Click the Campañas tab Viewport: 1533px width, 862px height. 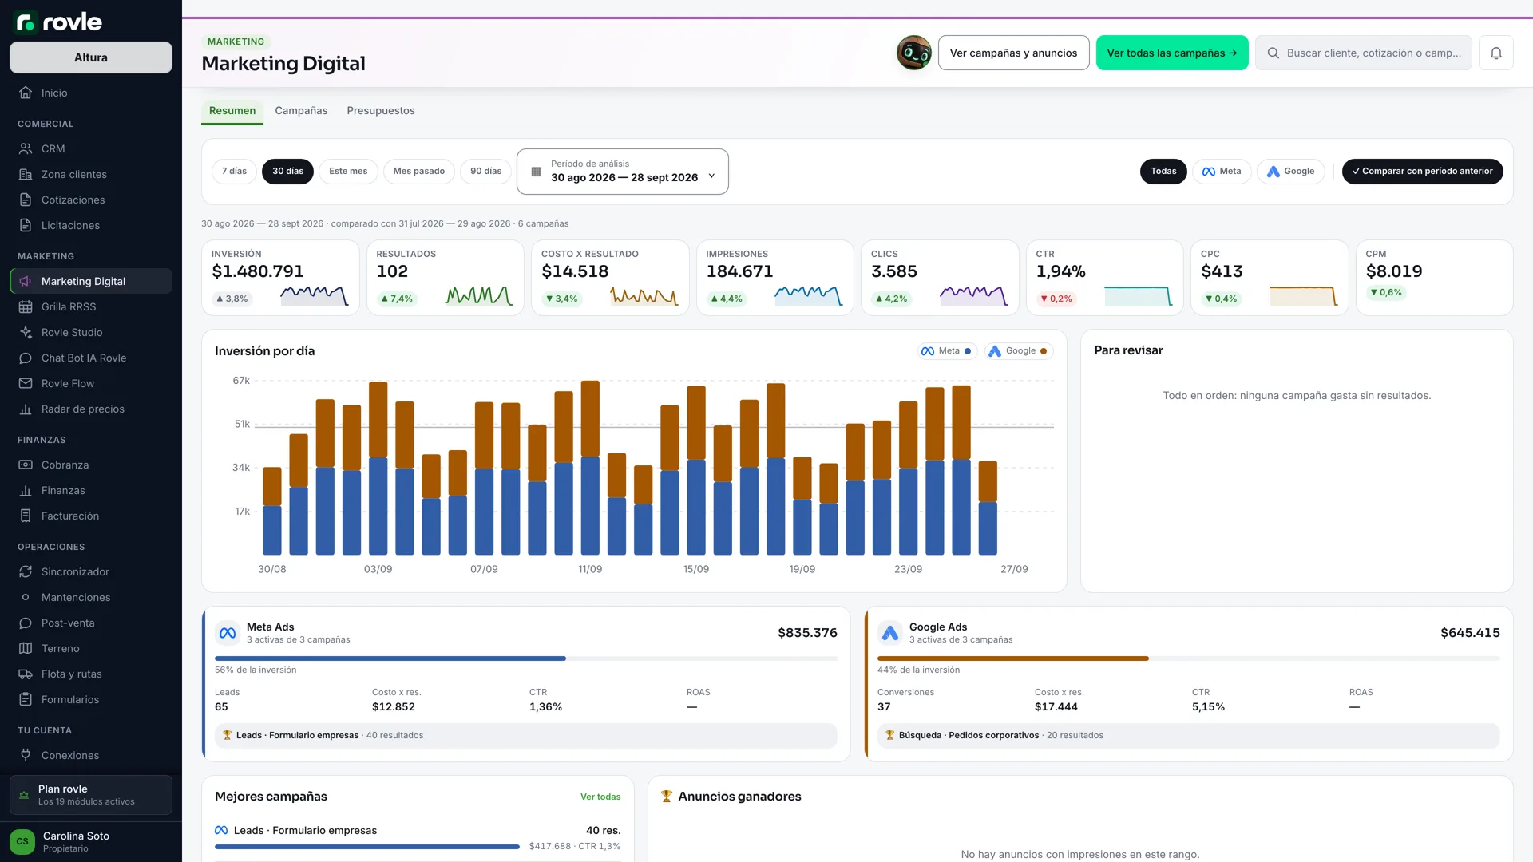coord(301,110)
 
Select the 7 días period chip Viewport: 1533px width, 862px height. coord(234,171)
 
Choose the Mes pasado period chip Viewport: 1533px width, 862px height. coord(418,171)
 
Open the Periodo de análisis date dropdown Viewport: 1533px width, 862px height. coord(623,172)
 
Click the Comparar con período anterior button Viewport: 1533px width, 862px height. coord(1422,171)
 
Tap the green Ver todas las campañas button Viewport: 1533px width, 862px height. coord(1171,53)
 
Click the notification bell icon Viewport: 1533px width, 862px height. coord(1496,53)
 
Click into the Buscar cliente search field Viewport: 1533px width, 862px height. coord(1364,53)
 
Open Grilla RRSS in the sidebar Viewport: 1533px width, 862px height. coord(69,306)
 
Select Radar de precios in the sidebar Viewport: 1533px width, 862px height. coord(83,409)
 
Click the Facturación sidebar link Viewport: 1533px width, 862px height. coord(70,516)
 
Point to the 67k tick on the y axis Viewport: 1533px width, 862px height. coord(241,381)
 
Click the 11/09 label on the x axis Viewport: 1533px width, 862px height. coord(590,569)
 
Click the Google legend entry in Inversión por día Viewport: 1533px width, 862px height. coord(1020,351)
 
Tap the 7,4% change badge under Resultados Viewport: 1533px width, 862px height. coord(397,299)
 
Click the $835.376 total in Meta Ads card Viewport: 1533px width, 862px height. coord(807,633)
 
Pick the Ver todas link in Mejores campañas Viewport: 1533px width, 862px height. coord(600,797)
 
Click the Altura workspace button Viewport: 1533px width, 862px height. coord(91,57)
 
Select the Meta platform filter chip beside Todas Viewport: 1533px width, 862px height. coord(1222,171)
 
